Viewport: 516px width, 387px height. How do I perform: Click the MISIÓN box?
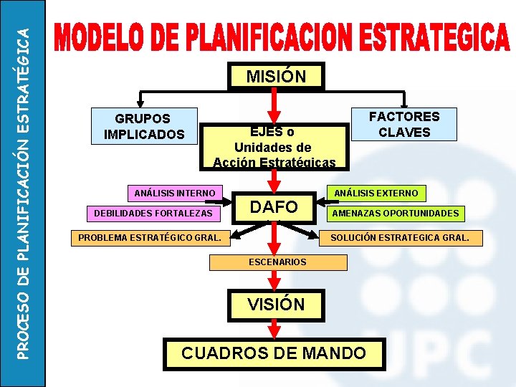click(276, 76)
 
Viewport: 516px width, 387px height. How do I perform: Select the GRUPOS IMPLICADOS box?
click(144, 126)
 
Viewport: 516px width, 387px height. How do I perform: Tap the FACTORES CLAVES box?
click(404, 124)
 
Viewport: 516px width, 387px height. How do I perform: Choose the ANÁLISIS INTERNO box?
click(175, 193)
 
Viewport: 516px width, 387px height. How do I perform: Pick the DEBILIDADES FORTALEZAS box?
click(152, 214)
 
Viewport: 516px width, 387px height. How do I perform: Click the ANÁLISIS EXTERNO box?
click(376, 192)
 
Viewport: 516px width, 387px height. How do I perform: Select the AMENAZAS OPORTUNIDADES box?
click(394, 214)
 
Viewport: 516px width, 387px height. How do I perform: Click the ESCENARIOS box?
click(277, 262)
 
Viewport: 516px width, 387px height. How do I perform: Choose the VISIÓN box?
click(276, 304)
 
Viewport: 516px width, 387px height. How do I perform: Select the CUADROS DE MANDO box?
click(274, 353)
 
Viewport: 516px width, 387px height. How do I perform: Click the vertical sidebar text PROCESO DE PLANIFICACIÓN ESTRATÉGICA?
click(22, 193)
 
